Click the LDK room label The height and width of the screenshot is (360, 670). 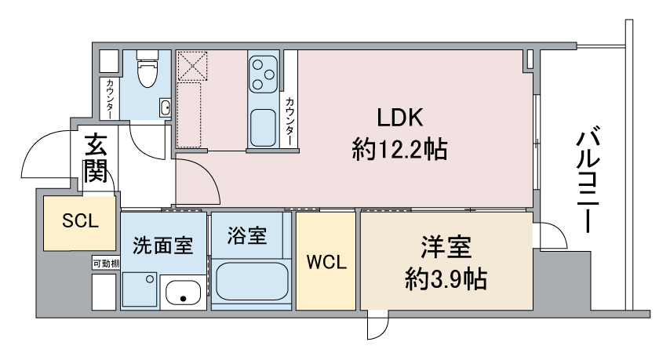(x=400, y=118)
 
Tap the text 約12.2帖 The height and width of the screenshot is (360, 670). (x=399, y=150)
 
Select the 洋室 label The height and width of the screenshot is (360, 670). (x=446, y=247)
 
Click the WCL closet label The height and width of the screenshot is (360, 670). (x=326, y=262)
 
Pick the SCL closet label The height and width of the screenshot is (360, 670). (x=80, y=220)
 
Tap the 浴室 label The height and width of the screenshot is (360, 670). (x=247, y=235)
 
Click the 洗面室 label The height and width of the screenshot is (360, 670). (x=163, y=245)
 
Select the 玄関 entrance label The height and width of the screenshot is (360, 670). (x=95, y=158)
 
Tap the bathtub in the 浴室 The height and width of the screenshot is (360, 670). (x=252, y=282)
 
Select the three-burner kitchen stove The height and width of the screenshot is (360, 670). (x=263, y=75)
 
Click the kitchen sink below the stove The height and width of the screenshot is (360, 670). (x=263, y=128)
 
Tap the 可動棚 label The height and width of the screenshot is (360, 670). (x=106, y=264)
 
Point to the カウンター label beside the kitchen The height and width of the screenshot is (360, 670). (x=290, y=122)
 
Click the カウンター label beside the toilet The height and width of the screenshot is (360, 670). (x=109, y=99)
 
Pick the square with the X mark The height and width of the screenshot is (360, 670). (x=192, y=66)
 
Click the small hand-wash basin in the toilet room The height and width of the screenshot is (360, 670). (x=166, y=107)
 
